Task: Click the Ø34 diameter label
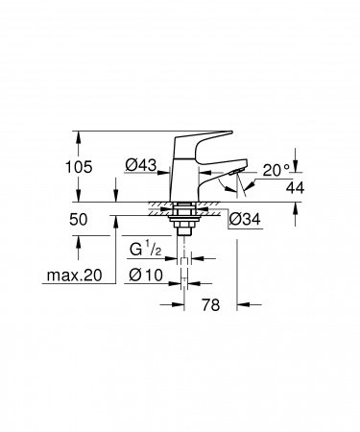coord(247,220)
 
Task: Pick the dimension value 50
coord(80,220)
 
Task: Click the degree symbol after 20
coord(287,166)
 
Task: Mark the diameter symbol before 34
coord(235,220)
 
